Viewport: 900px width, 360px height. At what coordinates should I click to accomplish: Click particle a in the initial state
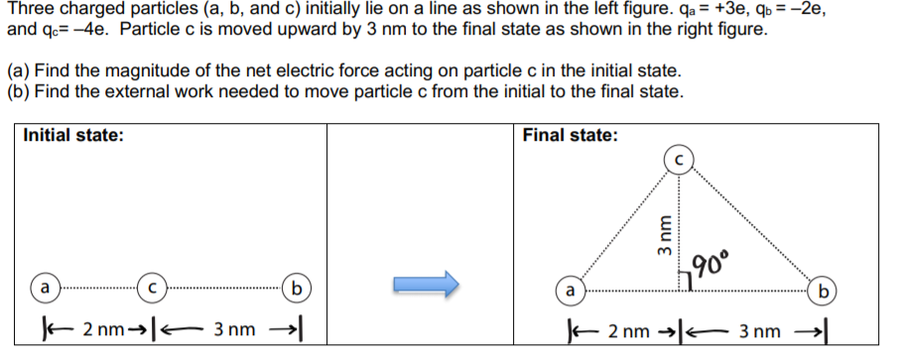44,287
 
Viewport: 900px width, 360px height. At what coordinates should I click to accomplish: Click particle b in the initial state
294,287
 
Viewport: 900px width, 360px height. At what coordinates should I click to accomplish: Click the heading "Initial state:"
72,136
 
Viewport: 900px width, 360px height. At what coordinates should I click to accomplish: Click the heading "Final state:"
570,136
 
